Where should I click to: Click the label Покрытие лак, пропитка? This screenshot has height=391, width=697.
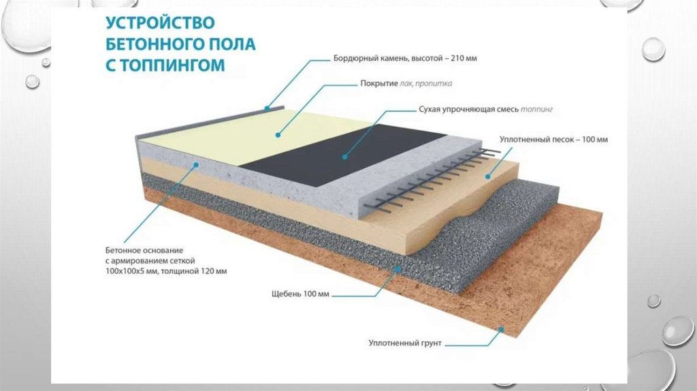406,84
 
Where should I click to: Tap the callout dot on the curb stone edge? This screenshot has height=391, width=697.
268,108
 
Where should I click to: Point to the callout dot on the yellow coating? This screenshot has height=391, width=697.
278,134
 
